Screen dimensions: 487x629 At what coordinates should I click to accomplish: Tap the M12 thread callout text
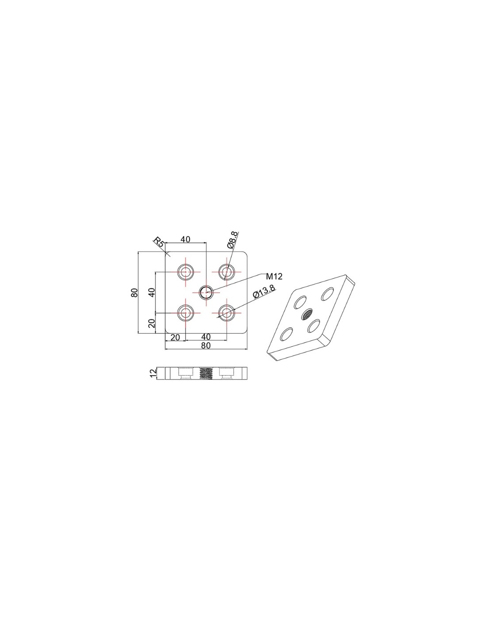(x=274, y=276)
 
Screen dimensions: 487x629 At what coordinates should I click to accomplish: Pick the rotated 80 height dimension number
(x=134, y=293)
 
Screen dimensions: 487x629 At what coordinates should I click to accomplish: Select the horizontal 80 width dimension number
(x=206, y=345)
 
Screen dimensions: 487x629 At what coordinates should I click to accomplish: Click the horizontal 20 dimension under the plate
(x=175, y=337)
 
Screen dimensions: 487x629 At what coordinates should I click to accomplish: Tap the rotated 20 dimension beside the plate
(x=152, y=323)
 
